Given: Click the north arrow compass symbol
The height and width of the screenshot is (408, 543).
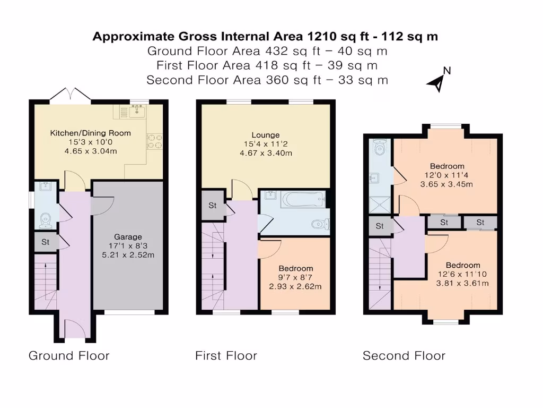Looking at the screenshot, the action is pos(438,82).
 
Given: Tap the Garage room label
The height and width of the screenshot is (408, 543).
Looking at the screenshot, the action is pos(128,237).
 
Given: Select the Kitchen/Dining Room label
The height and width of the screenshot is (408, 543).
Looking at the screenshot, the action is pos(90,133).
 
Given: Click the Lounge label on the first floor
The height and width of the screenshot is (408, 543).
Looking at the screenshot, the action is pos(266,135).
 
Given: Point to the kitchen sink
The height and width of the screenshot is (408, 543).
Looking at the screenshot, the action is pos(138,110).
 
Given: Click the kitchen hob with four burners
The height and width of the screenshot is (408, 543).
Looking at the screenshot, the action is pos(155,141).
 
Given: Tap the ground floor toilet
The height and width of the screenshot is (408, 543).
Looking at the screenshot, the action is pos(46,221).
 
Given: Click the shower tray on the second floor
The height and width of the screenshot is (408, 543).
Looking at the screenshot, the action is pos(380,205).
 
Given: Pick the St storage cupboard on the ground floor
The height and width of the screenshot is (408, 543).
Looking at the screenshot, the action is pos(46,242).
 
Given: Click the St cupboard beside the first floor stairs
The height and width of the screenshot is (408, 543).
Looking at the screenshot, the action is pos(213,206).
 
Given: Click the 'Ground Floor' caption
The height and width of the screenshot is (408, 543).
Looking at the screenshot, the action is pos(69,355).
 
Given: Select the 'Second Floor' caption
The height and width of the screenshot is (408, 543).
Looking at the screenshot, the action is pos(404,355).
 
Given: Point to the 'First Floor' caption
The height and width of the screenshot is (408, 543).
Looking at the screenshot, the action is pos(226,355).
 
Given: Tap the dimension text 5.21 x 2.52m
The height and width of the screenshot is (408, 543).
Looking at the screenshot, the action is pos(128,255).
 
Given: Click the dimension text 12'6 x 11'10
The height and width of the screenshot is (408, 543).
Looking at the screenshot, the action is pos(462,274).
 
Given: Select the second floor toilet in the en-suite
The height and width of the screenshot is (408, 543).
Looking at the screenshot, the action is pos(380,148).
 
